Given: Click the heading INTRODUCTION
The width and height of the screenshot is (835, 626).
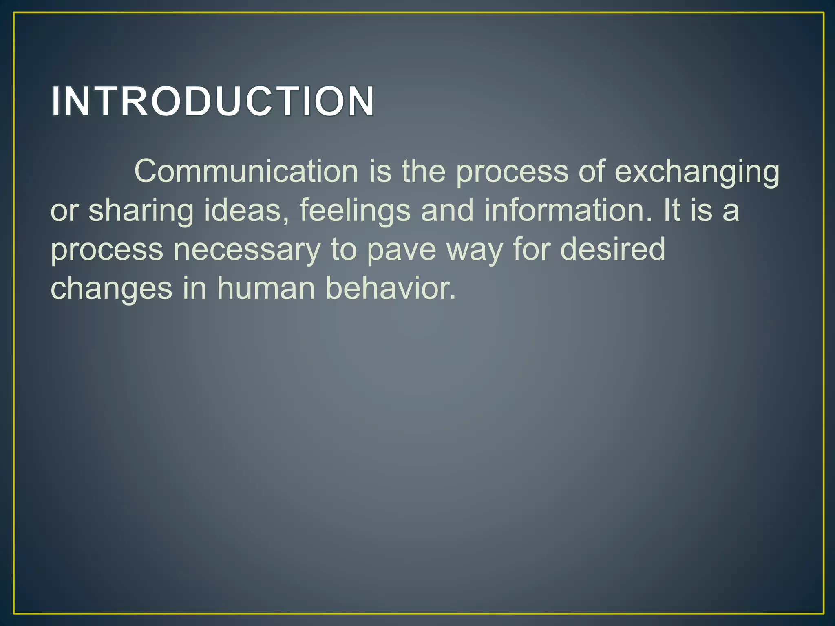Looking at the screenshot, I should (212, 101).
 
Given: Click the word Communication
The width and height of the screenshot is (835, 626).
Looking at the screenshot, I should (246, 171).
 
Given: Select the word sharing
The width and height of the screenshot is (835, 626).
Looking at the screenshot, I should (141, 211).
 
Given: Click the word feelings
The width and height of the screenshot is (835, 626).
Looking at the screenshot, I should (355, 211).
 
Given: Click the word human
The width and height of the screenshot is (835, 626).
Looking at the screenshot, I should (266, 288).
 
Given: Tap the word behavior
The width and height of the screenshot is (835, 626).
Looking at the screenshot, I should (391, 288).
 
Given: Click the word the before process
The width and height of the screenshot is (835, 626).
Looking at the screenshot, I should (424, 171).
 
